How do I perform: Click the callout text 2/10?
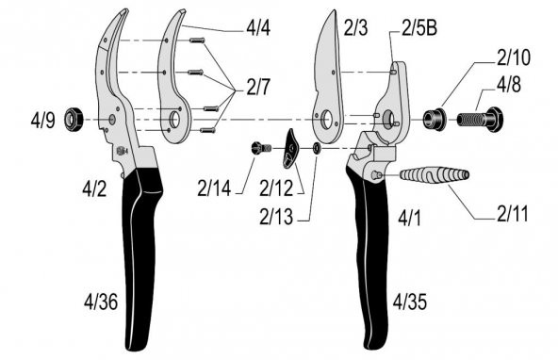point(510,58)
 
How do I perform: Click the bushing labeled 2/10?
point(435,119)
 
